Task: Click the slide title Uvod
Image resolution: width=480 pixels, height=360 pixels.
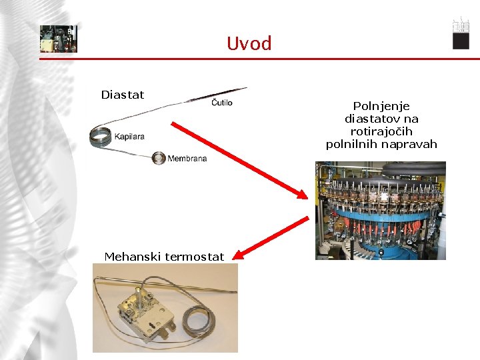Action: point(249,44)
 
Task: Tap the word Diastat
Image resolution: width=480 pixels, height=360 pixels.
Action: point(122,95)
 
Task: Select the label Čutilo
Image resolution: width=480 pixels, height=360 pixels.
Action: point(222,103)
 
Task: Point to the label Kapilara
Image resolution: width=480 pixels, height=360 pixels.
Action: point(129,137)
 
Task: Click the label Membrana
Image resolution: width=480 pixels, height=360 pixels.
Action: point(187,159)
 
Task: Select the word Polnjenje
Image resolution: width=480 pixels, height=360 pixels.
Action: point(381,106)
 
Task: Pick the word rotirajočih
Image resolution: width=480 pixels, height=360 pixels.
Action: point(381,131)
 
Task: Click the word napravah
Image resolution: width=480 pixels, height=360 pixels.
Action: point(409,144)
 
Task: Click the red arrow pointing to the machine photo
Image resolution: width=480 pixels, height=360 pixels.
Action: point(240,160)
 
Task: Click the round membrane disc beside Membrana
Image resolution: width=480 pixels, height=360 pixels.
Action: point(159,158)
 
